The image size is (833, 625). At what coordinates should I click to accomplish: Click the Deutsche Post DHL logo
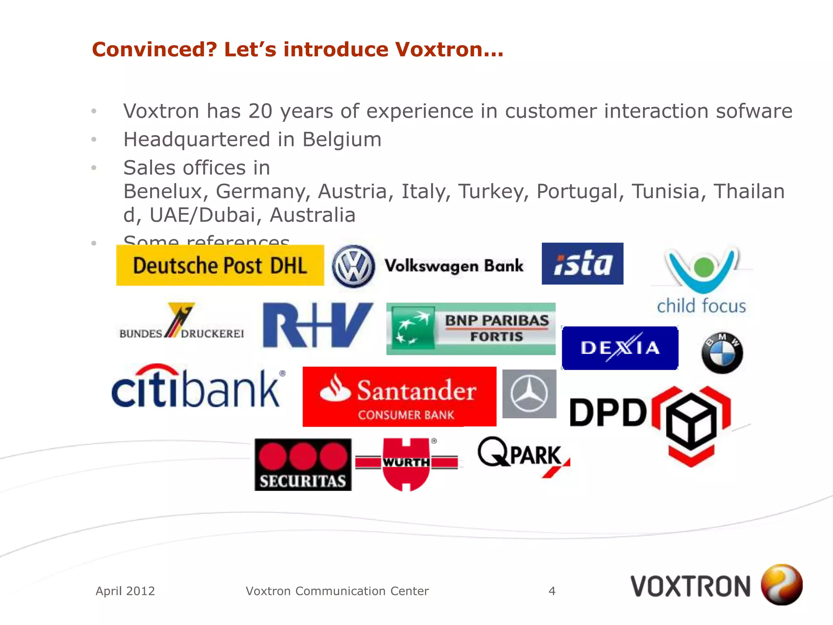coord(220,265)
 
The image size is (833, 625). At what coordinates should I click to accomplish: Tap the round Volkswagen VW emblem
coord(353,267)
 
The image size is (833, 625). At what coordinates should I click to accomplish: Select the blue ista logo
coord(582,263)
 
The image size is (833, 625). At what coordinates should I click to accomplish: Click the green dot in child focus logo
coord(704,267)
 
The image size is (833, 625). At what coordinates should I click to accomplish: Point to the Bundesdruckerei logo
coord(181,323)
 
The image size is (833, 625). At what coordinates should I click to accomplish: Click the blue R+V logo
coord(317,325)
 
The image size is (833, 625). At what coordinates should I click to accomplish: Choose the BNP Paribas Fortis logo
coord(471,329)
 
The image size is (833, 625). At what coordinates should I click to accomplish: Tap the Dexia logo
coord(619,348)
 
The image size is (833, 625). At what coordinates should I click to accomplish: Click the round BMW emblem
coord(722,353)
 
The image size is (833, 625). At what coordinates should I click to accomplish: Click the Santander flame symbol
coord(335,389)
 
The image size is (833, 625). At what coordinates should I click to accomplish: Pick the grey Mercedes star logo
coord(529,394)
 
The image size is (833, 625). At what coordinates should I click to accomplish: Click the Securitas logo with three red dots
coord(303,464)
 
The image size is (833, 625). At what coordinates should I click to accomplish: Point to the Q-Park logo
coord(523,455)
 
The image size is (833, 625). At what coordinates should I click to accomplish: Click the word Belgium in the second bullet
coord(342,140)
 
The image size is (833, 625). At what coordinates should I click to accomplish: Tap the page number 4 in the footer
coord(552,591)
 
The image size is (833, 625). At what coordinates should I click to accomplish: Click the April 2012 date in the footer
coord(125,591)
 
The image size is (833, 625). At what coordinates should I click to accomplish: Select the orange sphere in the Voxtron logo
coord(781,585)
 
